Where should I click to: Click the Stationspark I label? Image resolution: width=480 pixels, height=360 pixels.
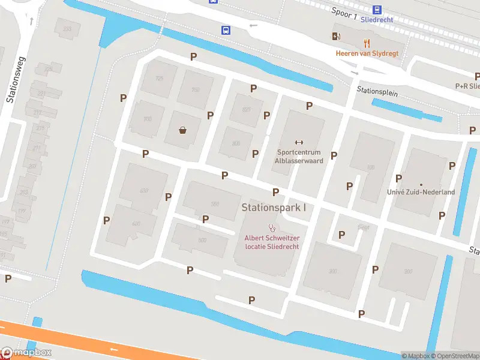(274, 208)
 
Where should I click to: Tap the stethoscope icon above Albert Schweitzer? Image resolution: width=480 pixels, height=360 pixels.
(272, 228)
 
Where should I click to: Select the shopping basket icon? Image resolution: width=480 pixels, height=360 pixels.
(183, 130)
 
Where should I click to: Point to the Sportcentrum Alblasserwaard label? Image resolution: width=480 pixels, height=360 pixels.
(299, 156)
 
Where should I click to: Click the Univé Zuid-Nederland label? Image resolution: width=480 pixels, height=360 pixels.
(421, 192)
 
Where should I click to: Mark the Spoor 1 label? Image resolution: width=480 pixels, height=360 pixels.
(344, 13)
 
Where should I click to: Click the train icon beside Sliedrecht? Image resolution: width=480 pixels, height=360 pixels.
(377, 10)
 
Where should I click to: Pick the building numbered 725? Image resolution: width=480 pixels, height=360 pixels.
(160, 79)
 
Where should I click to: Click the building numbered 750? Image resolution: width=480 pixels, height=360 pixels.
(195, 90)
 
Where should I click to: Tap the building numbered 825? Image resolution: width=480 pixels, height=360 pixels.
(246, 109)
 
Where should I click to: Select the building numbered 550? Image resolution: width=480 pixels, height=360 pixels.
(215, 204)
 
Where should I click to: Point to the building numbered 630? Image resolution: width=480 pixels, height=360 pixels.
(144, 190)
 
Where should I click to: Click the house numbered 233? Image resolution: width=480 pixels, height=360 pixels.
(67, 29)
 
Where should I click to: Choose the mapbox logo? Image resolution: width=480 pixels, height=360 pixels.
(27, 353)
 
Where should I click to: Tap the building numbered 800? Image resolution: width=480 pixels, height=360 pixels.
(236, 143)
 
